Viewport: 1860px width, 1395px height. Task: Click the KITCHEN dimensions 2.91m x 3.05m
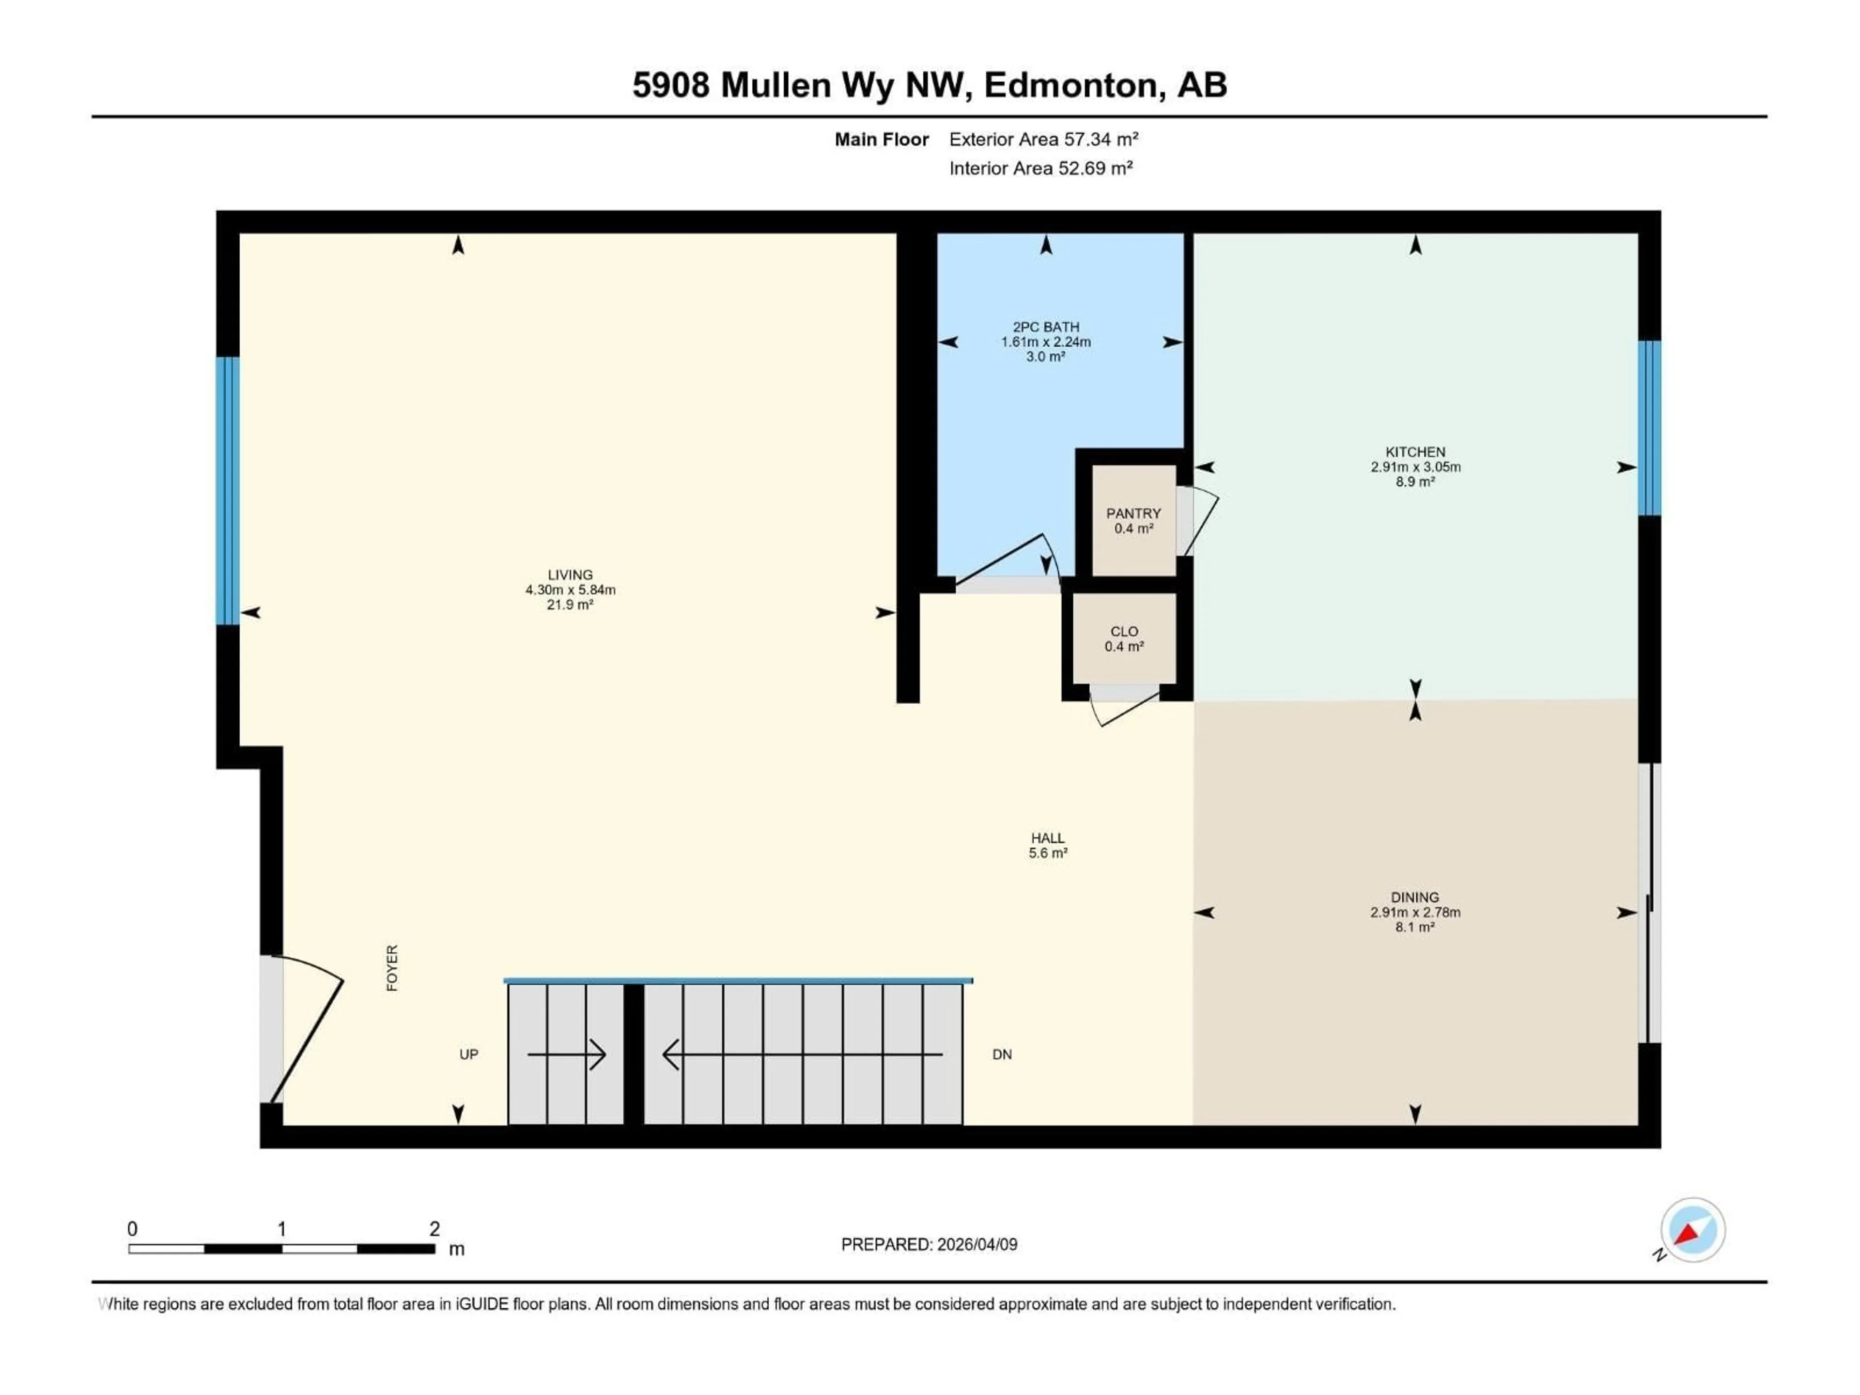pos(1415,466)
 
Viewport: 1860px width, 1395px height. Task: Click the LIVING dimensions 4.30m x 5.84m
pos(570,589)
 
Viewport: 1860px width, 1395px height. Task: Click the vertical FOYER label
pos(392,968)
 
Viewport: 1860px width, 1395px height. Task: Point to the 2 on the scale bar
pos(434,1228)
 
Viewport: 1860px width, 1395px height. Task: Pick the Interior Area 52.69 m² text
pos(1040,168)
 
